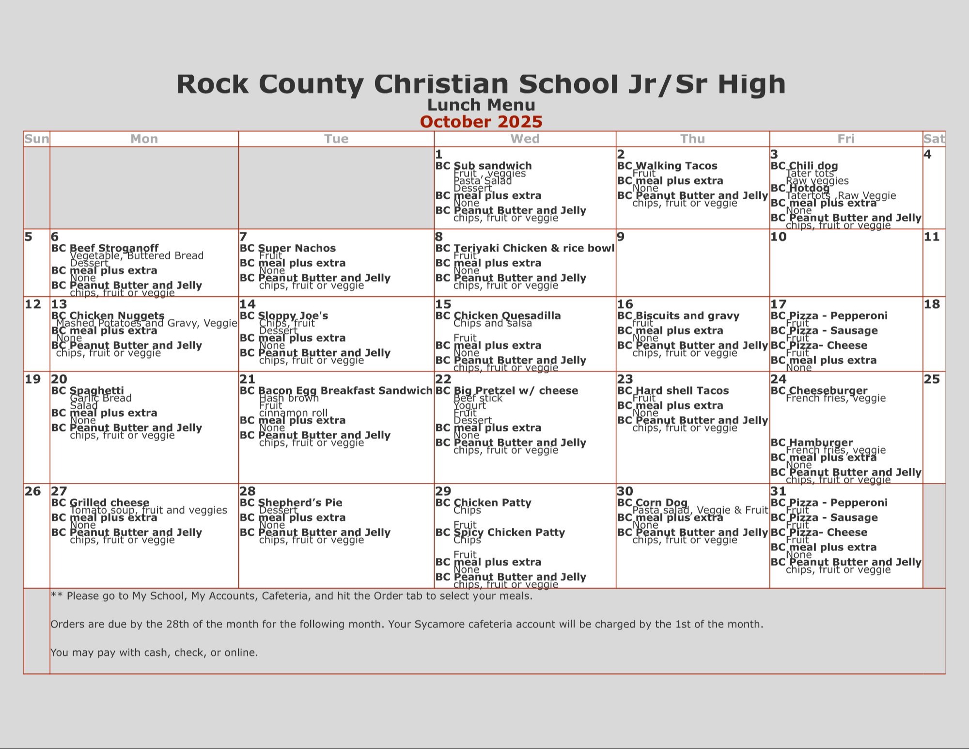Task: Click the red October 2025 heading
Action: (481, 122)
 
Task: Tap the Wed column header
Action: (525, 139)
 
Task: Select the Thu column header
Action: (692, 139)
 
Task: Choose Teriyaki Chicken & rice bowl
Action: (533, 248)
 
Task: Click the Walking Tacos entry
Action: (676, 166)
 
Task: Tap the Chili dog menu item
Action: (813, 166)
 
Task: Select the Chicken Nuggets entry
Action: (117, 316)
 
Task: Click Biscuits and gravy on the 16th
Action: (687, 316)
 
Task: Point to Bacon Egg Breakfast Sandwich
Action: (345, 391)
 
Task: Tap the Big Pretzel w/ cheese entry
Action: (516, 391)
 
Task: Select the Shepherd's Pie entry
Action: (300, 503)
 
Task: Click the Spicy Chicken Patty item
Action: (509, 532)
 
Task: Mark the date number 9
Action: (621, 237)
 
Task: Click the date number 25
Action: (931, 379)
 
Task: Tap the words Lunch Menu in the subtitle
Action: (481, 105)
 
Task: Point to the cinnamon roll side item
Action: (293, 413)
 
